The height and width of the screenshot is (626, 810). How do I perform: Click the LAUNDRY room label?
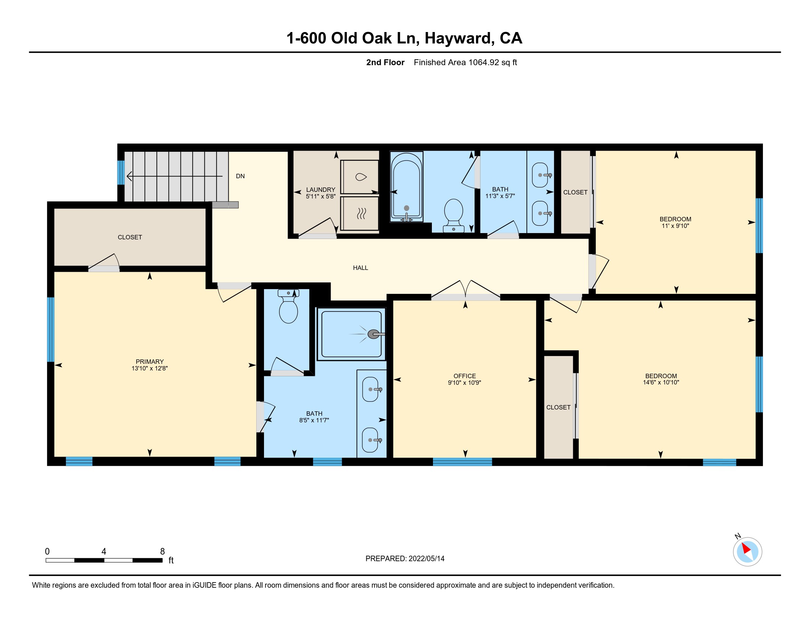(320, 190)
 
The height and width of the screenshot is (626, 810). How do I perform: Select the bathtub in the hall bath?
(406, 187)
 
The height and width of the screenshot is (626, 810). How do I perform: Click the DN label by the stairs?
(240, 176)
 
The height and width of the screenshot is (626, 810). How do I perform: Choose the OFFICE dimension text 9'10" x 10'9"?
(464, 383)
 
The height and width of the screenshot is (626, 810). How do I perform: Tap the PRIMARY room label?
(149, 362)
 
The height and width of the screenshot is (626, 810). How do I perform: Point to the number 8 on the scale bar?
(162, 552)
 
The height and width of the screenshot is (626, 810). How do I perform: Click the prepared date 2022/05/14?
(426, 559)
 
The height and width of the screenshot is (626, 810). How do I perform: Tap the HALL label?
(360, 268)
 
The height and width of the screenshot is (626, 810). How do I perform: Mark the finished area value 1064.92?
(484, 62)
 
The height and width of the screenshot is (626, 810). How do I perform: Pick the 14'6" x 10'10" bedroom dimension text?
(661, 382)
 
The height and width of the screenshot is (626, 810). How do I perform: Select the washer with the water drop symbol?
(359, 176)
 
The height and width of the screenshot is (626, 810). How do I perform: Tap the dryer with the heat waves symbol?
(359, 213)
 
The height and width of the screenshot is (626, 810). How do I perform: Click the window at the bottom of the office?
(462, 462)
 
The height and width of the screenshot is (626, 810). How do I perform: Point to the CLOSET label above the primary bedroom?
(130, 238)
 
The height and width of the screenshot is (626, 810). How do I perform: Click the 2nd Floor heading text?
(385, 62)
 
